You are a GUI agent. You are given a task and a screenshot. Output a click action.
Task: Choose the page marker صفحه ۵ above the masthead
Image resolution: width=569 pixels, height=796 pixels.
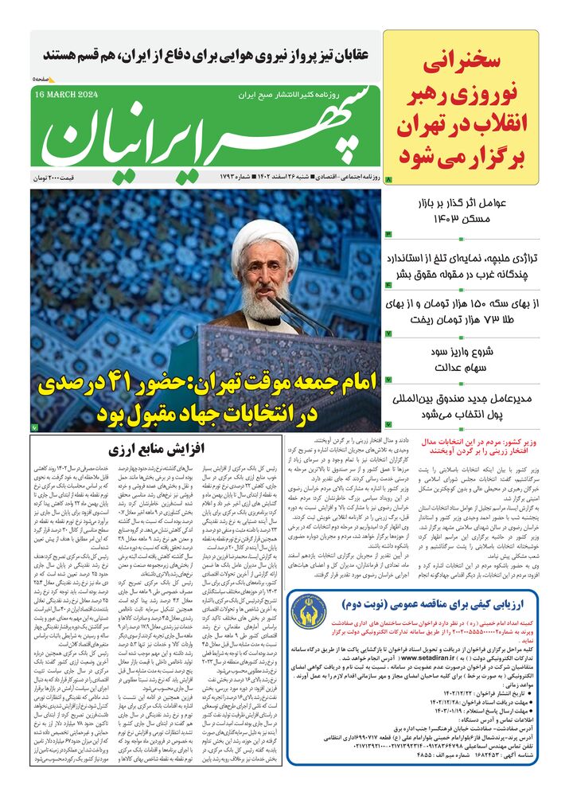44,79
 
